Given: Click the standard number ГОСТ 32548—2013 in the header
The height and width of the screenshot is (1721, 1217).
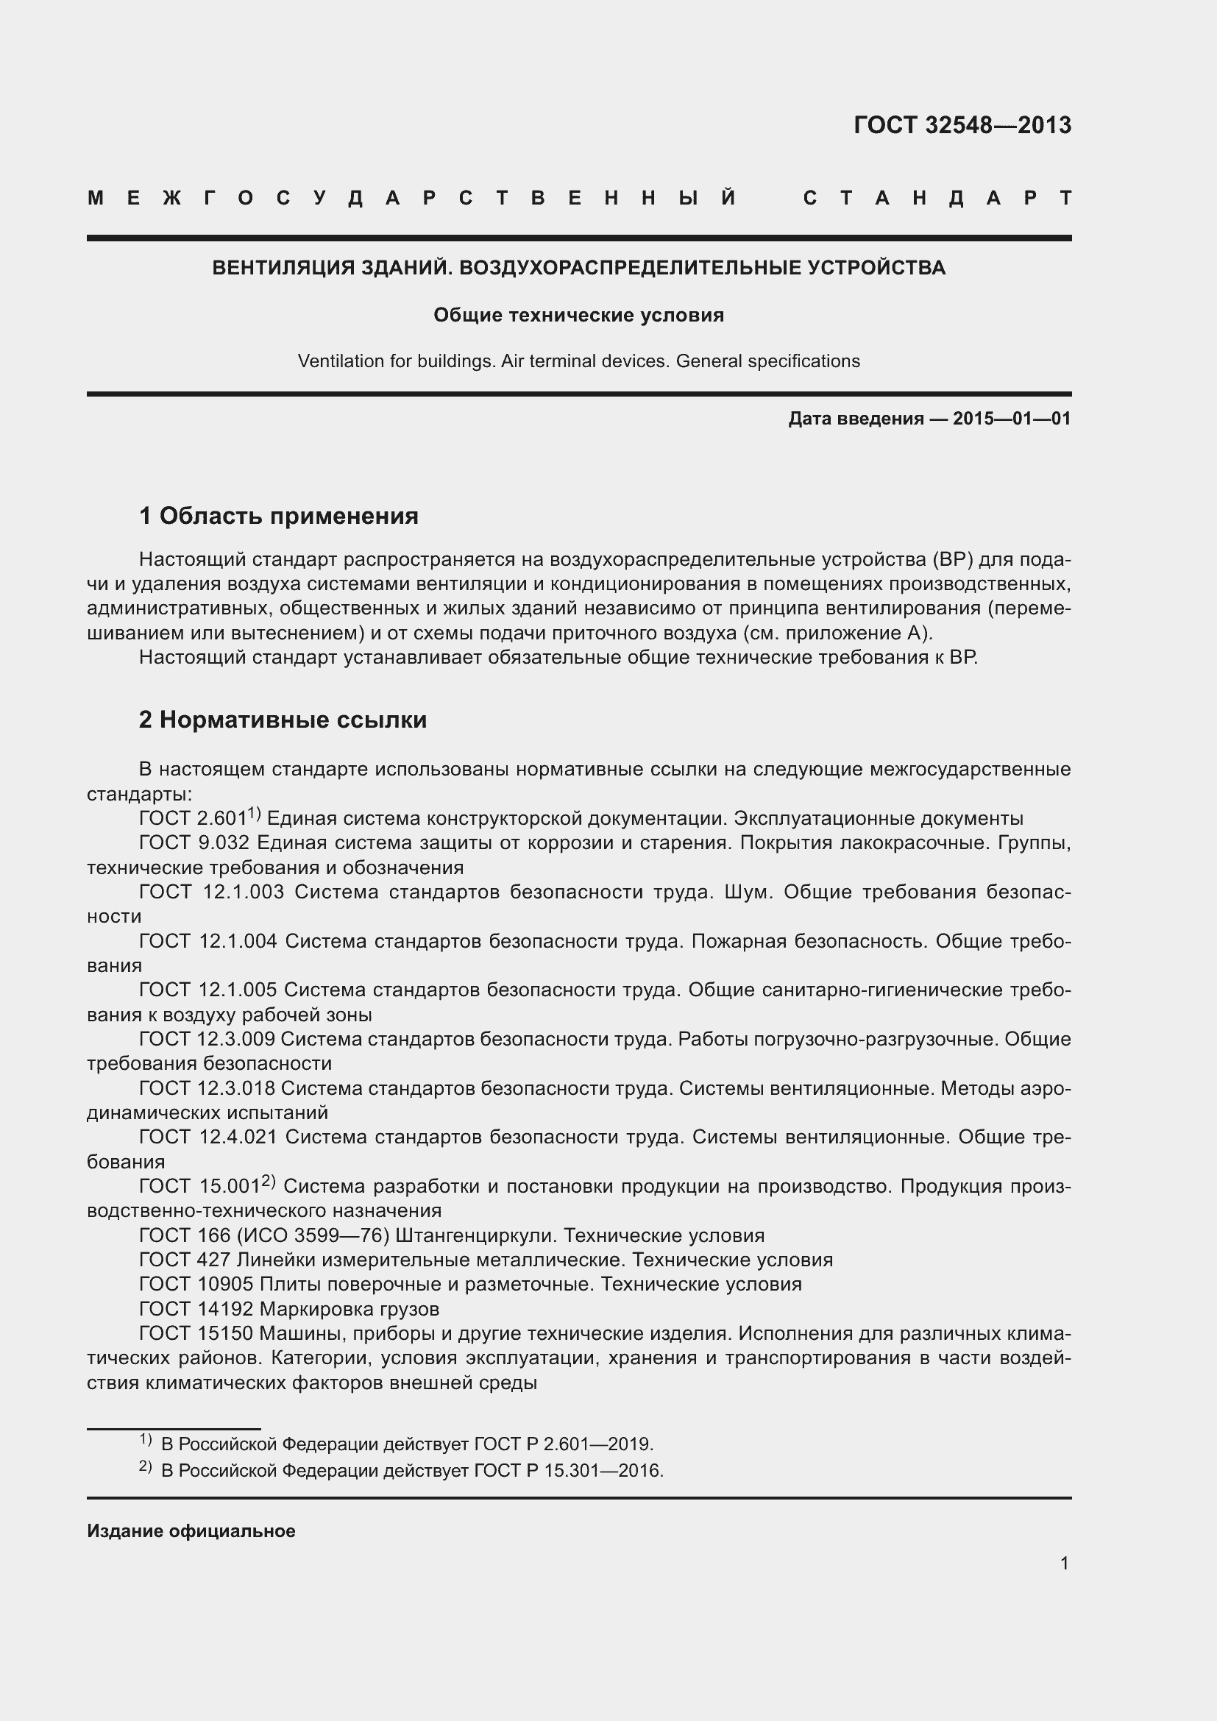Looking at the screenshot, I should pyautogui.click(x=962, y=124).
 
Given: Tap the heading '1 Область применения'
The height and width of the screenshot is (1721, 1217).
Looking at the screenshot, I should pyautogui.click(x=279, y=516).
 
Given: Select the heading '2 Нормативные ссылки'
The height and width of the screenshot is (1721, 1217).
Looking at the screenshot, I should pyautogui.click(x=283, y=720).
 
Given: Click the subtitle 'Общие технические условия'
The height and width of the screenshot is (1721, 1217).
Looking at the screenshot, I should pyautogui.click(x=578, y=315).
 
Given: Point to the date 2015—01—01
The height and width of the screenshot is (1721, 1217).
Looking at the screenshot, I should pyautogui.click(x=1012, y=418).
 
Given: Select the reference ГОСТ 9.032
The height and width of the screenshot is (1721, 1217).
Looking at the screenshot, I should pyautogui.click(x=194, y=842).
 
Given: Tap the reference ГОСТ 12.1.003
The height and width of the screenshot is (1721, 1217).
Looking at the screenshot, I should pyautogui.click(x=211, y=892).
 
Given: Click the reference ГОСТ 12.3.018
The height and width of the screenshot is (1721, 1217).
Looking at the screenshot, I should pyautogui.click(x=207, y=1087).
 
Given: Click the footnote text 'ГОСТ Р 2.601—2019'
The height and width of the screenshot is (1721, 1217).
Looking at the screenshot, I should pyautogui.click(x=563, y=1444).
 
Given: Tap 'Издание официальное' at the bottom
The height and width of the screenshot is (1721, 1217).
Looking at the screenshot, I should pyautogui.click(x=191, y=1530).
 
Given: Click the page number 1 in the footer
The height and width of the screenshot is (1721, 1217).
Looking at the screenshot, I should pyautogui.click(x=1064, y=1563).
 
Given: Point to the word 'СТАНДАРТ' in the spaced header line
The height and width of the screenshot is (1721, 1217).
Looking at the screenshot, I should pyautogui.click(x=937, y=198).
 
